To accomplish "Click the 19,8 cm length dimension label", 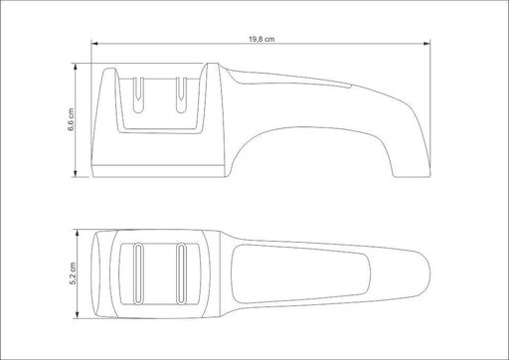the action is tap(261, 39).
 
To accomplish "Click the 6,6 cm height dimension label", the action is tap(72, 119).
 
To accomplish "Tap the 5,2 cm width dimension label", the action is tap(73, 273).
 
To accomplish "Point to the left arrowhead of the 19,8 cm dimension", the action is tap(94, 44).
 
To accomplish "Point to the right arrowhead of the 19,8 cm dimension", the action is tap(426, 44).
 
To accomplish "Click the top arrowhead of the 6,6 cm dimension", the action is tap(76, 67).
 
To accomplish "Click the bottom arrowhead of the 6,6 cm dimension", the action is tap(76, 174).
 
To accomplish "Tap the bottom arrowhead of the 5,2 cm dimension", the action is tap(78, 315).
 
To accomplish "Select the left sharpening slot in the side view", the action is tap(138, 95).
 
